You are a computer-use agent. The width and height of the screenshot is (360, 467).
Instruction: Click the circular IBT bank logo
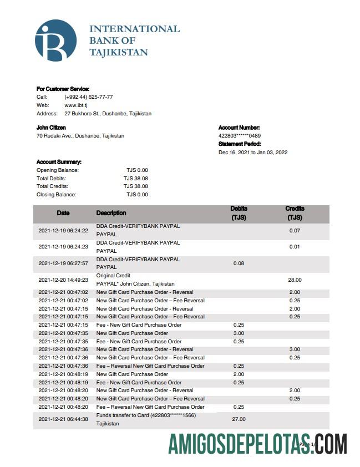point(55,40)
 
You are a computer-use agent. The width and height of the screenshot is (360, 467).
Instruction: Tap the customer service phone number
point(89,97)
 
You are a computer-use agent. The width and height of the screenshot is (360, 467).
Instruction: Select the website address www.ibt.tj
point(77,105)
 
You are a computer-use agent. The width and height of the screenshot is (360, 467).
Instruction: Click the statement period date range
point(253,153)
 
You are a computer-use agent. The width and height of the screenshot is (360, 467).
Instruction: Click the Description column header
point(111,213)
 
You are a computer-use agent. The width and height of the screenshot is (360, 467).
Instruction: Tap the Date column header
point(63,213)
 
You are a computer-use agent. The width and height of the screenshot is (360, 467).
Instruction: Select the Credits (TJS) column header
point(295,214)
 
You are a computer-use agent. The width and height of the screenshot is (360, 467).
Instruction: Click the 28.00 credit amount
point(295,280)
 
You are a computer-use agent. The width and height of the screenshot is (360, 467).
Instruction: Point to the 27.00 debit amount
point(239,419)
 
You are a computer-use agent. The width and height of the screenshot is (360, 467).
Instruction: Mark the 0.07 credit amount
point(295,230)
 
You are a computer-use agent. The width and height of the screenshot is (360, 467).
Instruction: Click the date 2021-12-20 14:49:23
point(63,280)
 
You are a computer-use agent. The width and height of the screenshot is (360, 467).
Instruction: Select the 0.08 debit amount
point(239,263)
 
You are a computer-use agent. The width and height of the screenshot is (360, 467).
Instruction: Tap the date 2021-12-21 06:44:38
point(63,419)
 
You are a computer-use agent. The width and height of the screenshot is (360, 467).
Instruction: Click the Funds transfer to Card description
point(146,415)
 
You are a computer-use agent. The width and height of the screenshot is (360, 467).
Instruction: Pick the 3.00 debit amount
point(239,333)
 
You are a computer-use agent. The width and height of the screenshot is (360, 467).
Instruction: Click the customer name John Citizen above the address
point(51,128)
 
